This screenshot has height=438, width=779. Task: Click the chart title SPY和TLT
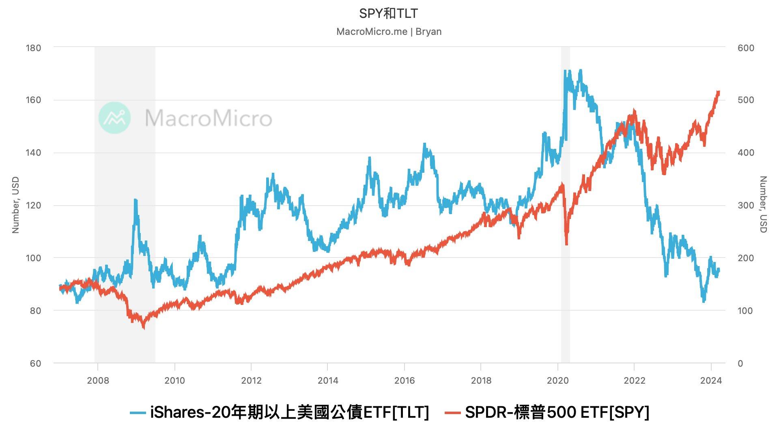(x=388, y=13)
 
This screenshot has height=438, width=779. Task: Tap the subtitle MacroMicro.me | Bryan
(x=389, y=32)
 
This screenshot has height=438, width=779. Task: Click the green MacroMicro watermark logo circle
(x=115, y=118)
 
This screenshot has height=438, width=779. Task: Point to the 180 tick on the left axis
(x=33, y=48)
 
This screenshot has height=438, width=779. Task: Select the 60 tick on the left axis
(x=35, y=363)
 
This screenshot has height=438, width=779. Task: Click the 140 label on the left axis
(x=33, y=153)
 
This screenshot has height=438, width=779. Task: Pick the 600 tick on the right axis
(x=746, y=48)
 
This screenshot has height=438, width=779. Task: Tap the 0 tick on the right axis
(x=740, y=363)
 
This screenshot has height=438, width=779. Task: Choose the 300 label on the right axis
(x=746, y=206)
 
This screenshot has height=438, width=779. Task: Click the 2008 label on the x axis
(x=98, y=380)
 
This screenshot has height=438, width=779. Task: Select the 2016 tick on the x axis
(x=405, y=380)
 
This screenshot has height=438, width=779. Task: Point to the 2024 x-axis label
(x=711, y=380)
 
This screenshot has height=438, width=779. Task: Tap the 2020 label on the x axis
(x=557, y=380)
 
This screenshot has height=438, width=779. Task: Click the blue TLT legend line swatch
(x=138, y=413)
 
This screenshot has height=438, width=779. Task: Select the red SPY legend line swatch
(x=453, y=413)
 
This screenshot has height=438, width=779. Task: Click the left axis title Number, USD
(x=15, y=205)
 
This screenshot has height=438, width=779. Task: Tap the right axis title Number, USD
(x=763, y=205)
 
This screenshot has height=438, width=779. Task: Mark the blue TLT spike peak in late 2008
(x=135, y=200)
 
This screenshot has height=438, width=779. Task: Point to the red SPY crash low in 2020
(x=566, y=244)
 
